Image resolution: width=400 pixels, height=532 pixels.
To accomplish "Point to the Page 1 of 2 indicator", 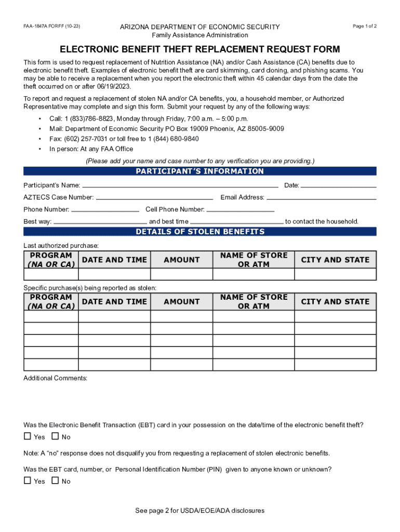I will coord(364,26).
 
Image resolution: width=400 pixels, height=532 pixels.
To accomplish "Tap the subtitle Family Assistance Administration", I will coord(199,35).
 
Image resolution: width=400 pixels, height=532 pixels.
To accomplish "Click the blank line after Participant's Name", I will coord(180,185).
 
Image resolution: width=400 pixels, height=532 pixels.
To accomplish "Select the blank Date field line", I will coord(339,185).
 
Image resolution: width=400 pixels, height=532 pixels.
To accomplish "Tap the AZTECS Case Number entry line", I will coord(154,198).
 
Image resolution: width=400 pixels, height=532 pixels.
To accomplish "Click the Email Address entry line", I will coord(321,198).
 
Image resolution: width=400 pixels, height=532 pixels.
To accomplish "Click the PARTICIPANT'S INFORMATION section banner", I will coord(199,171).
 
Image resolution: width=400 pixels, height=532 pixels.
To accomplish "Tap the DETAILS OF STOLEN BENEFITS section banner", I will coord(199,232).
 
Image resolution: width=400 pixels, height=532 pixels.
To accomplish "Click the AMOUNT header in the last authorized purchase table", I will coord(181,260).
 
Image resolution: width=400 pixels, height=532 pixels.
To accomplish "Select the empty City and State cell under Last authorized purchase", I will coord(335,274).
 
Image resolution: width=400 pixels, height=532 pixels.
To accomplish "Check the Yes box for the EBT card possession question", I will coord(28,436).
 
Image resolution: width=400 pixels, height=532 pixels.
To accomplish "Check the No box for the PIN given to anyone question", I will coord(55,481).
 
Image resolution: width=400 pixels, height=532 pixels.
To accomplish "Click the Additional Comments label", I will coord(55,378).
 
